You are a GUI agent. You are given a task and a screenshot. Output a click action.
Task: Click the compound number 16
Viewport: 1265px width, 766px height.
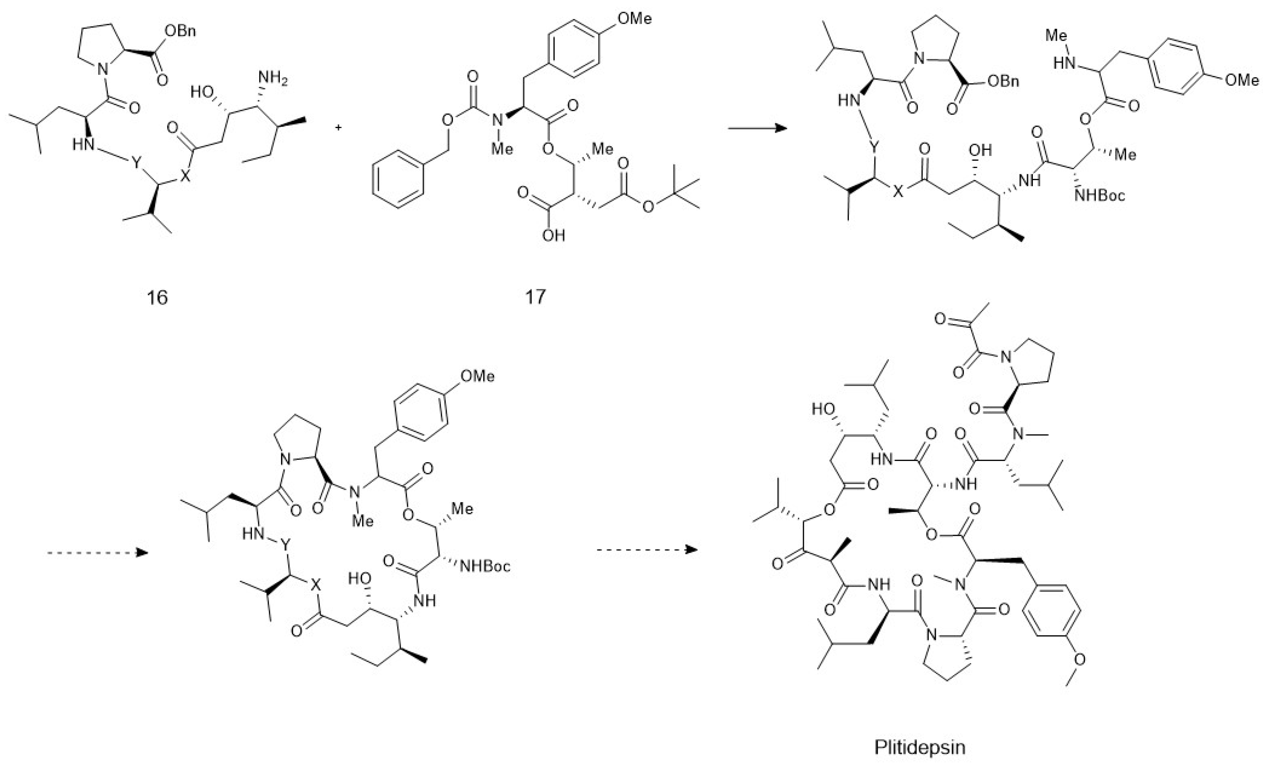157,297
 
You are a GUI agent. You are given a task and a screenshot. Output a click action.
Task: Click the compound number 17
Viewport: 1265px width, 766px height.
535,296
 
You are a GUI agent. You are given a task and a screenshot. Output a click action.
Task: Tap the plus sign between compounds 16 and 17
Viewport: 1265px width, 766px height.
338,127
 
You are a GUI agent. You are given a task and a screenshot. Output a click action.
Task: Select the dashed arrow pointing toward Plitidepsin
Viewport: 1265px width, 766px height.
647,550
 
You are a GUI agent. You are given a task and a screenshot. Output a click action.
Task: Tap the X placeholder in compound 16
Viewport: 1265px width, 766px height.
187,177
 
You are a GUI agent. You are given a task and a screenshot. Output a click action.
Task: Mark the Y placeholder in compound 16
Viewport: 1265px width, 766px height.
136,164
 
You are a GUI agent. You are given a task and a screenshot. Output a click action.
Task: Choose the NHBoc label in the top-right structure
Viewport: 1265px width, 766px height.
1100,195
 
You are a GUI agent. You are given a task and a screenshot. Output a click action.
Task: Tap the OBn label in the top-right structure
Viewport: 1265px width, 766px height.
1003,81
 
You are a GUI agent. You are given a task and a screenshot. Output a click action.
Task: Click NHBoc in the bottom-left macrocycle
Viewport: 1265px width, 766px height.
485,566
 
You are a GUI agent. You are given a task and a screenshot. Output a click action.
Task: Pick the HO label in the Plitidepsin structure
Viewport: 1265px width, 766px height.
823,409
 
